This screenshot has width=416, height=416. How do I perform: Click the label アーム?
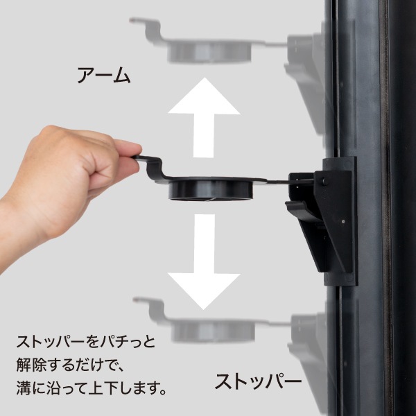point(103,75)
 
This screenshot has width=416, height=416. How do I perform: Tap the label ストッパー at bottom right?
point(258,382)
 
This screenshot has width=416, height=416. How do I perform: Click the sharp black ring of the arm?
point(208,188)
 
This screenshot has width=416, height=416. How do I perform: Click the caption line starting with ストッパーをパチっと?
point(87,343)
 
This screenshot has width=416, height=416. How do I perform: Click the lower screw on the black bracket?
point(345,223)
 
